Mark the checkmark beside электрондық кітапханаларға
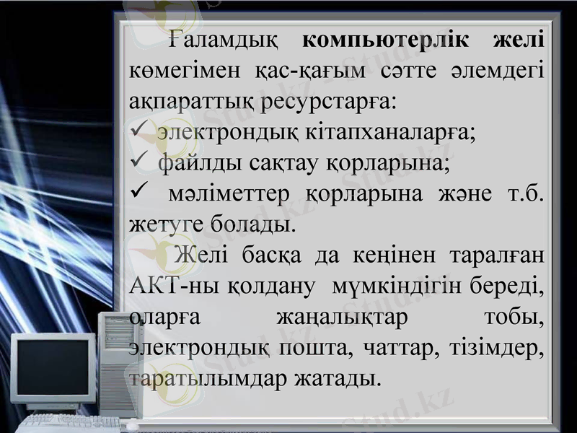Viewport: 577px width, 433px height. [x=138, y=132]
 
